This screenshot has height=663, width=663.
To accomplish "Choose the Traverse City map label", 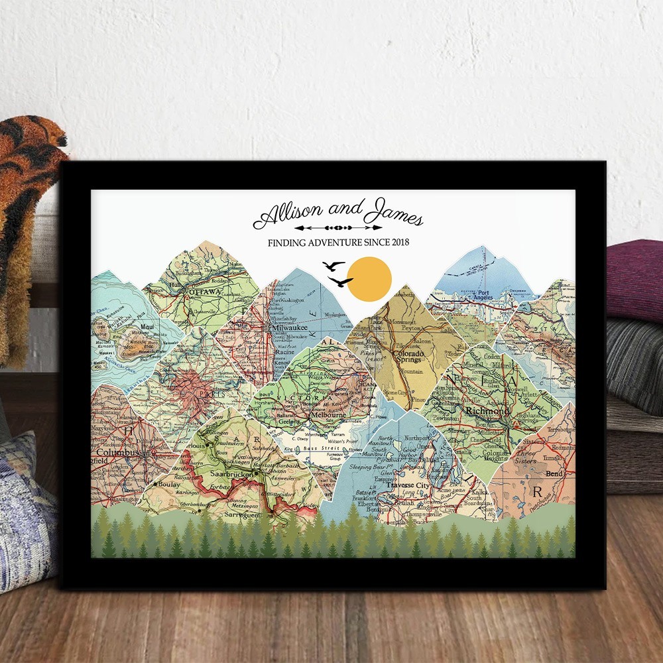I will pyautogui.click(x=408, y=485).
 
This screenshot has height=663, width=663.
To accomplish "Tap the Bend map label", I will pyautogui.click(x=554, y=474).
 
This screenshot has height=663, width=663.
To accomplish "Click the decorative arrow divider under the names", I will pyautogui.click(x=338, y=227).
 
